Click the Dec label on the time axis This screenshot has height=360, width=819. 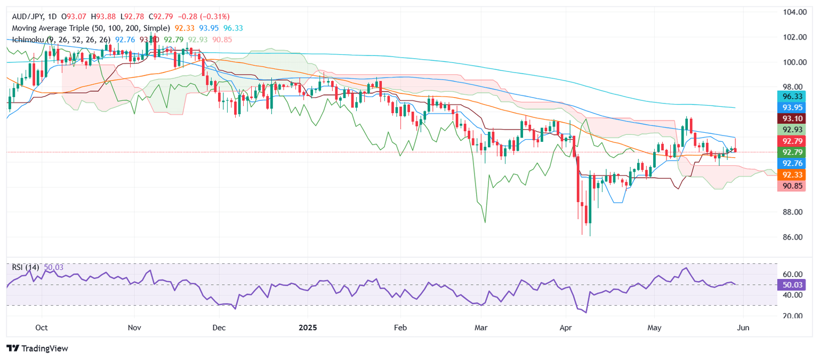(219, 327)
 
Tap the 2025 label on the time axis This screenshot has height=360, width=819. (308, 327)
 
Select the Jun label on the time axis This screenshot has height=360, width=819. (743, 327)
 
